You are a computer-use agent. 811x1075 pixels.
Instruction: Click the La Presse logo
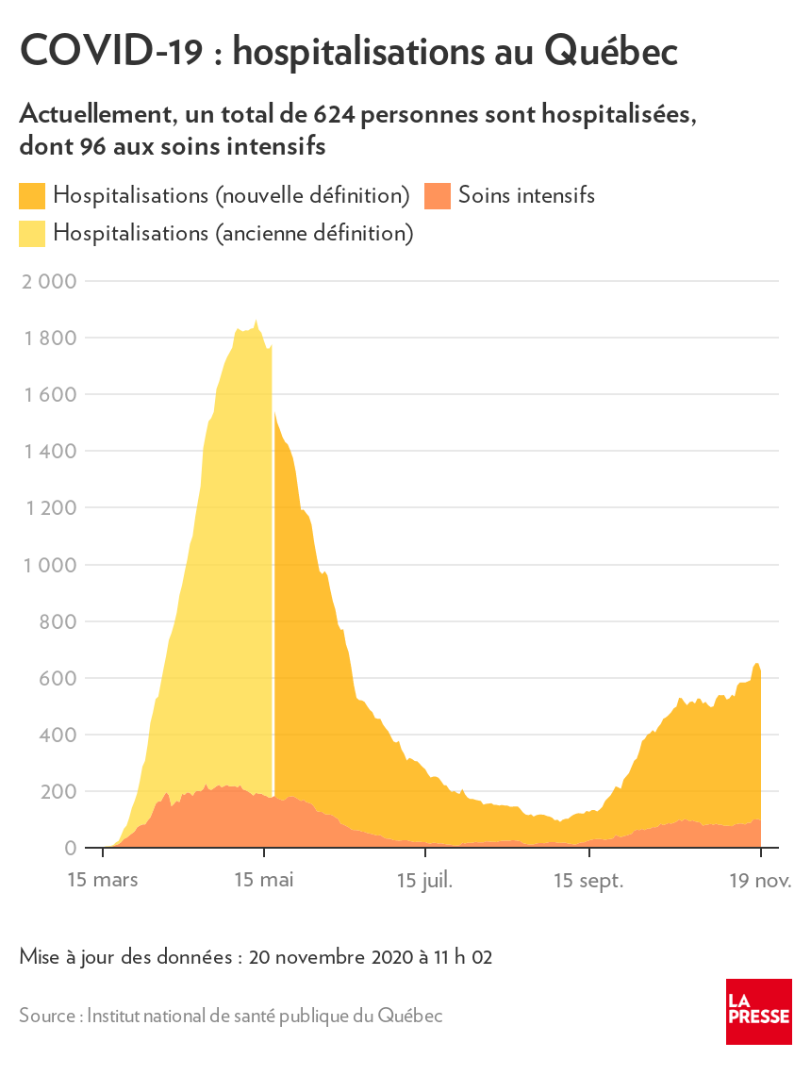point(758,1011)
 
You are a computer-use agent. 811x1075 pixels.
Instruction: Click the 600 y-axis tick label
point(59,678)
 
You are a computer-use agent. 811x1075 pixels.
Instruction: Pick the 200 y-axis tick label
point(59,791)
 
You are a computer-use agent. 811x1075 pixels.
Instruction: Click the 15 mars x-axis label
point(103,880)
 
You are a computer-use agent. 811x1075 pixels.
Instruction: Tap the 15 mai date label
point(264,880)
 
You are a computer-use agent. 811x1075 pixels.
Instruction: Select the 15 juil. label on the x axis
point(424,880)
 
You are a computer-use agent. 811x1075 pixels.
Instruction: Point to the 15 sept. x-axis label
point(588,880)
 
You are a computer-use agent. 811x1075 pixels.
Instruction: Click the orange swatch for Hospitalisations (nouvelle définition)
point(32,196)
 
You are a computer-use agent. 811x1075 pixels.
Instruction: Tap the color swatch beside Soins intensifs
point(437,196)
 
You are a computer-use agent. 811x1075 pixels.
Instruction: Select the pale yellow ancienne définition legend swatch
point(32,233)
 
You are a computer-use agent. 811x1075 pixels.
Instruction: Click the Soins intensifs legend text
point(526,196)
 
